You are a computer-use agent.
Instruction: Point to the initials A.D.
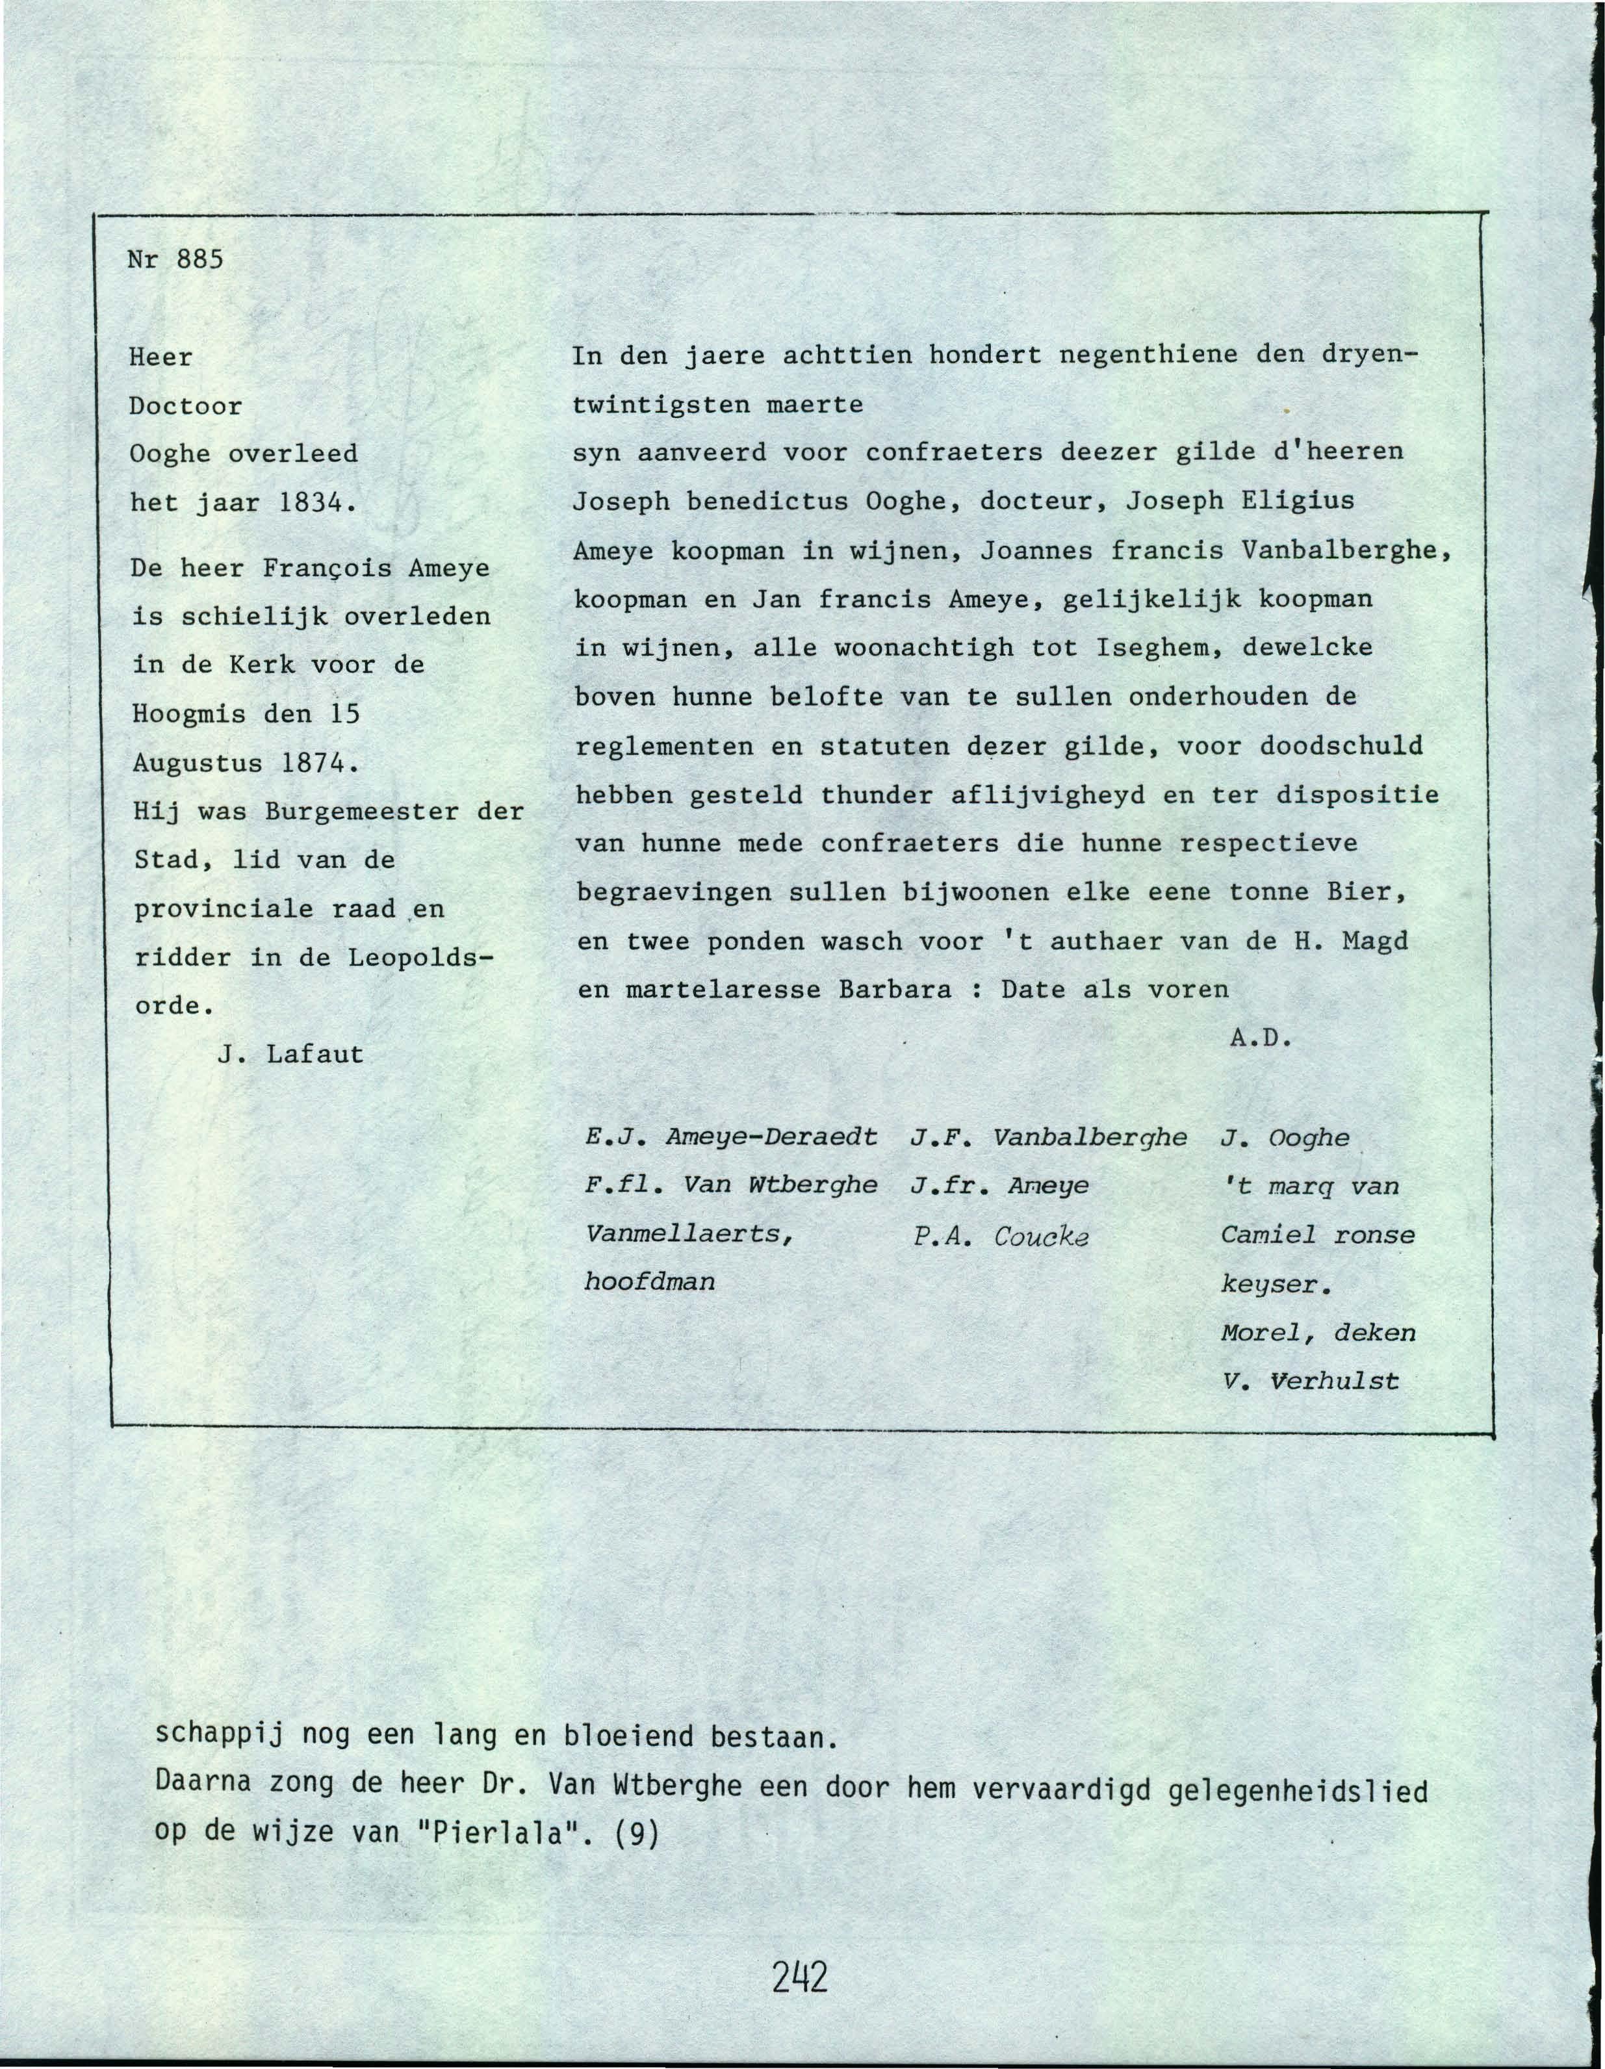(1261, 1038)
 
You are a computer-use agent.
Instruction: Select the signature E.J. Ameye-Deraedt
(732, 1137)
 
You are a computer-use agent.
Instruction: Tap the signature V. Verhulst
(1309, 1381)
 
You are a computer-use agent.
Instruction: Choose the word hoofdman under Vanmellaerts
(650, 1282)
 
